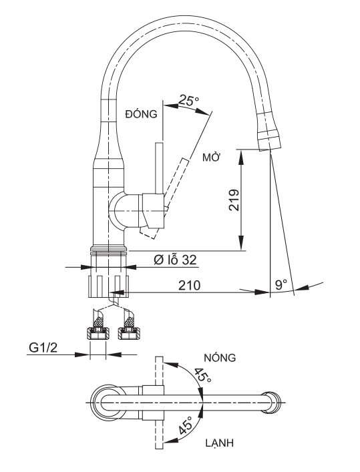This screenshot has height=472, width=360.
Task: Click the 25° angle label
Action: point(188,100)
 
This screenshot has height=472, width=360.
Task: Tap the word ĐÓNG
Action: point(142,113)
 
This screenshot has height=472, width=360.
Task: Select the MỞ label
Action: point(212,157)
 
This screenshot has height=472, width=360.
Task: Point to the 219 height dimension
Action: point(234,200)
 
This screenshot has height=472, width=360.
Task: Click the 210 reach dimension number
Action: point(189,285)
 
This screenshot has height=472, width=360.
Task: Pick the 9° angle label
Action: point(281,284)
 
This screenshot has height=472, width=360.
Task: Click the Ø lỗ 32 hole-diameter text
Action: point(175,260)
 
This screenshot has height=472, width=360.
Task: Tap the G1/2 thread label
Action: point(43,348)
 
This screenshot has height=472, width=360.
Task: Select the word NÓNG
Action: point(220,358)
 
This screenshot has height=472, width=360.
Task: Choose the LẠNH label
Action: point(220,443)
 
